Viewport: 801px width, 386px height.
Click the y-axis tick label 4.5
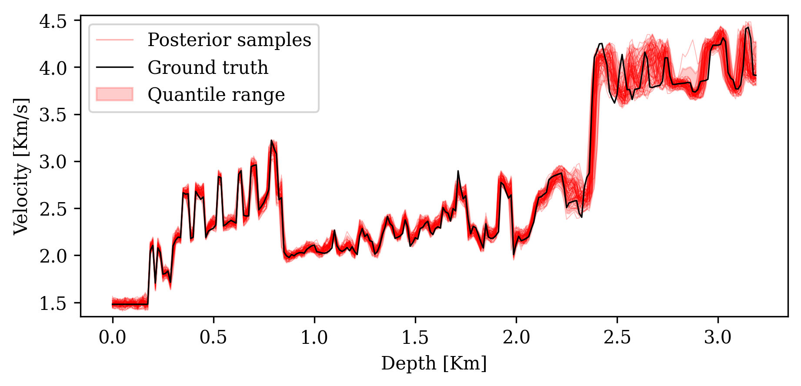point(53,21)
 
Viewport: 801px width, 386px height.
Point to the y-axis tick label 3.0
point(53,162)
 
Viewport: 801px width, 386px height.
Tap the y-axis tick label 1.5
point(53,303)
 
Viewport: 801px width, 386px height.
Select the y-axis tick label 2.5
point(53,209)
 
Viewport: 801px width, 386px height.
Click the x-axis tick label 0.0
point(112,337)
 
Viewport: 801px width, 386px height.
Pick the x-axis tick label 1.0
point(314,337)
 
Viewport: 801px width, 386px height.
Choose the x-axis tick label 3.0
point(718,337)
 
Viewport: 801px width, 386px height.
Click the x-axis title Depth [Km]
point(434,363)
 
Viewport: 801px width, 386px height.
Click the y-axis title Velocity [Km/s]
point(20,166)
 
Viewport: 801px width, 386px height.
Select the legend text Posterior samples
point(229,40)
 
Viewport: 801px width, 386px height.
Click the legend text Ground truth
point(208,67)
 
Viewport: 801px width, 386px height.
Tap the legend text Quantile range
point(216,94)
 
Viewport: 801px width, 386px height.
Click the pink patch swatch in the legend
point(114,94)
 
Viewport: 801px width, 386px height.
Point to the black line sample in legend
point(114,67)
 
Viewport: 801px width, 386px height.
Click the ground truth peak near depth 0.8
point(271,140)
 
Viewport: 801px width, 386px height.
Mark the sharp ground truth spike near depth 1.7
point(458,171)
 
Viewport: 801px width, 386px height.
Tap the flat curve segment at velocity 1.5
point(130,304)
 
